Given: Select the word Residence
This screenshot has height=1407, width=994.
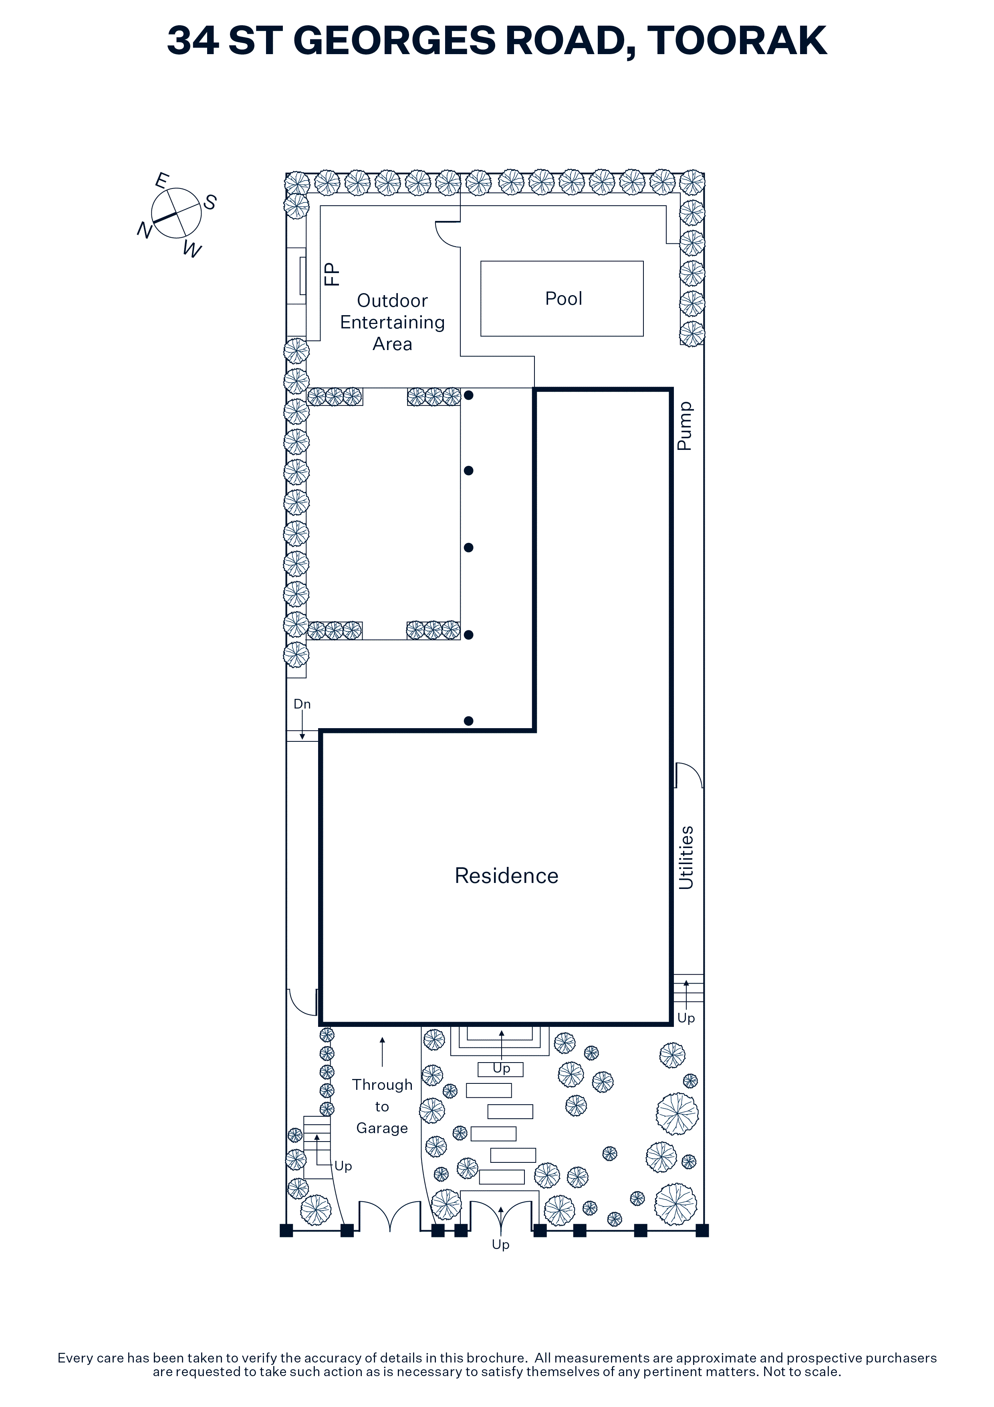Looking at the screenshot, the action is point(506,876).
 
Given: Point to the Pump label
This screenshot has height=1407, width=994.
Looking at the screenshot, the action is point(685,427).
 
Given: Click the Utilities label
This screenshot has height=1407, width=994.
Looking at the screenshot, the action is point(686,858).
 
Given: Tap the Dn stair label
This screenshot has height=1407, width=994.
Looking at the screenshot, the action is point(302,704).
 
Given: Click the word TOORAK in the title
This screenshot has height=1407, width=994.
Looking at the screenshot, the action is point(737,40).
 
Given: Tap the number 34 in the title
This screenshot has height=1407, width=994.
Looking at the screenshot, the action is point(193,40).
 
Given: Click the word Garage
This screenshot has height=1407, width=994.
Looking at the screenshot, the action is point(382,1128).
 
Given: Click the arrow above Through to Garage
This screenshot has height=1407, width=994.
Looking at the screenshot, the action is point(383,1052).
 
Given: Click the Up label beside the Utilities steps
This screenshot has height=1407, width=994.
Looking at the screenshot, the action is point(686,1018).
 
